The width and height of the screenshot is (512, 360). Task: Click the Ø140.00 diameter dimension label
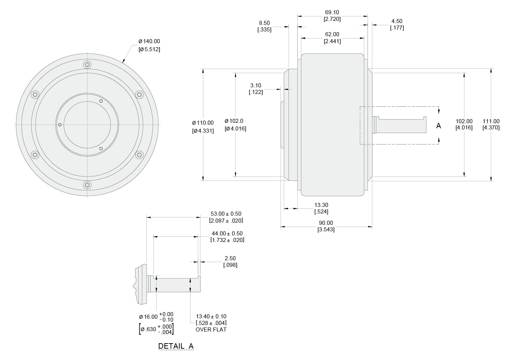pyautogui.click(x=149, y=42)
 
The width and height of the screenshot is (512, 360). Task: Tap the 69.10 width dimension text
pyautogui.click(x=332, y=12)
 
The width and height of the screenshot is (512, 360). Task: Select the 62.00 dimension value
pyautogui.click(x=332, y=34)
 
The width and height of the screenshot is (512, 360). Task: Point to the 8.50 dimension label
pyautogui.click(x=264, y=23)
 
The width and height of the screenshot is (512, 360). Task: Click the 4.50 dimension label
pyautogui.click(x=397, y=21)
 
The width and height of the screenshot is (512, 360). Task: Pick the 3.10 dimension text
pyautogui.click(x=256, y=86)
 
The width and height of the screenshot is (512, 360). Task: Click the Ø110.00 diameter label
pyautogui.click(x=203, y=123)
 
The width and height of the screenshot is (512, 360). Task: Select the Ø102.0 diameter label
pyautogui.click(x=234, y=121)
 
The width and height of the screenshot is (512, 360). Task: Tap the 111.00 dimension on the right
pyautogui.click(x=491, y=121)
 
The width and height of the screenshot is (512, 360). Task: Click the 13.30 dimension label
pyautogui.click(x=321, y=205)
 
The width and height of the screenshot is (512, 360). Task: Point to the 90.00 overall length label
pyautogui.click(x=326, y=223)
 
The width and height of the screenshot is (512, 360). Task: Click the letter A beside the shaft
pyautogui.click(x=438, y=126)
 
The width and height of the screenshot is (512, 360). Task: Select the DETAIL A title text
pyautogui.click(x=176, y=346)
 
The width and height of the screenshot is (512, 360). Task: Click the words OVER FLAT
pyautogui.click(x=211, y=330)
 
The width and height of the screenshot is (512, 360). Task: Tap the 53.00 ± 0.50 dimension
pyautogui.click(x=226, y=214)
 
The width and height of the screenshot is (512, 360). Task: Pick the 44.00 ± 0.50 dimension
pyautogui.click(x=227, y=234)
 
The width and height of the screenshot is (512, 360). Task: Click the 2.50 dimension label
pyautogui.click(x=230, y=258)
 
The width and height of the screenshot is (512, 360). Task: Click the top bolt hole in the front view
pyautogui.click(x=87, y=65)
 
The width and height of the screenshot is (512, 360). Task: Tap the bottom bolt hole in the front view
pyautogui.click(x=87, y=185)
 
